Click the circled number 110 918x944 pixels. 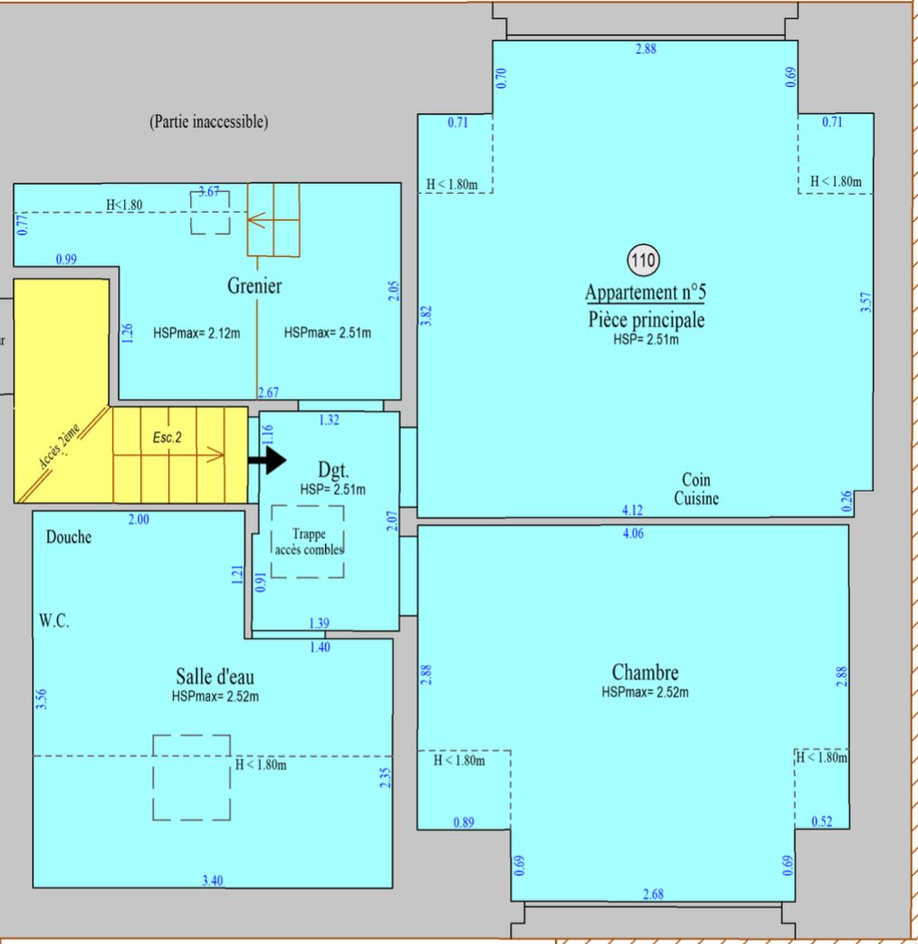tap(644, 261)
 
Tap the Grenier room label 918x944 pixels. tap(254, 286)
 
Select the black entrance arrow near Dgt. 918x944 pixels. tap(267, 461)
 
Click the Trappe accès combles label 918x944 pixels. tap(309, 542)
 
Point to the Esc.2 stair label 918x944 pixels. tap(167, 438)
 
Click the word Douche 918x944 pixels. tap(69, 537)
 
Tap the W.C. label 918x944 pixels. tap(54, 621)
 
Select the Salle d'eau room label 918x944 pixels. tap(215, 677)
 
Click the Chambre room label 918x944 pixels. tap(645, 672)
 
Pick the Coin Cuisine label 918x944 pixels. tap(696, 489)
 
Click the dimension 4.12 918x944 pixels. tap(633, 510)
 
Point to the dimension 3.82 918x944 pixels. tap(426, 316)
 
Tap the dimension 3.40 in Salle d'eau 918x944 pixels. tap(213, 881)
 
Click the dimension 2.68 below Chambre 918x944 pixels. tap(654, 894)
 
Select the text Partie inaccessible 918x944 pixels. tap(208, 121)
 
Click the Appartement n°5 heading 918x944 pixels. tap(645, 292)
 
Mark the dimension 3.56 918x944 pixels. tap(41, 699)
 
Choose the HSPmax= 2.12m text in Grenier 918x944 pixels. tap(196, 333)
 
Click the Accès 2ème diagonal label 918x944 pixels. tap(59, 446)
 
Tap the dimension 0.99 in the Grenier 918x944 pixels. tap(66, 260)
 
